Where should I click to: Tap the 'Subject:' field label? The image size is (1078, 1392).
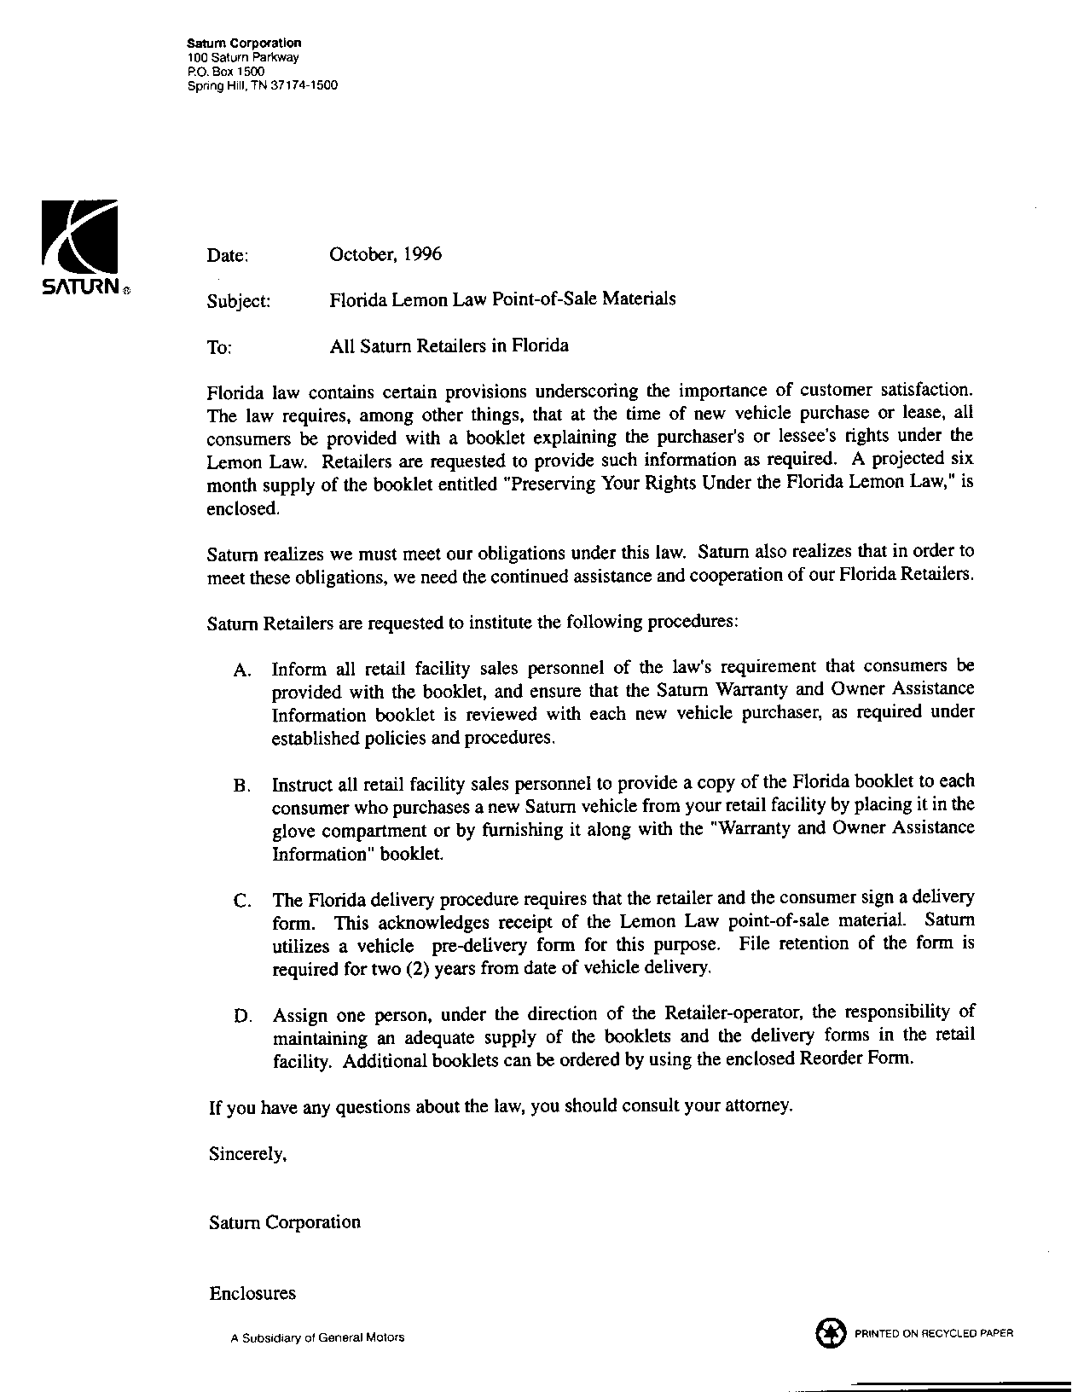239,301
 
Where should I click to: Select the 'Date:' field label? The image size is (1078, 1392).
228,255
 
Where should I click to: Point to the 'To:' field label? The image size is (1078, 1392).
219,347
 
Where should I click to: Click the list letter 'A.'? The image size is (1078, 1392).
241,670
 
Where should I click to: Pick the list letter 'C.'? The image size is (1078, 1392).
241,901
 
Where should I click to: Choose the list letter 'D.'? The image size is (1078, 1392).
241,1017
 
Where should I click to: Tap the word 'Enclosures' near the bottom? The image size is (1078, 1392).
252,1293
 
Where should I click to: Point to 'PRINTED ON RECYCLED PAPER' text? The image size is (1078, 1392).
933,1333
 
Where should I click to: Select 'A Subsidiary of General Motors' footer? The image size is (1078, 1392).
317,1337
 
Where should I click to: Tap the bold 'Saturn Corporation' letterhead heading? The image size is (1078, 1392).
244,43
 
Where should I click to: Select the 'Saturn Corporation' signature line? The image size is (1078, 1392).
285,1222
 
